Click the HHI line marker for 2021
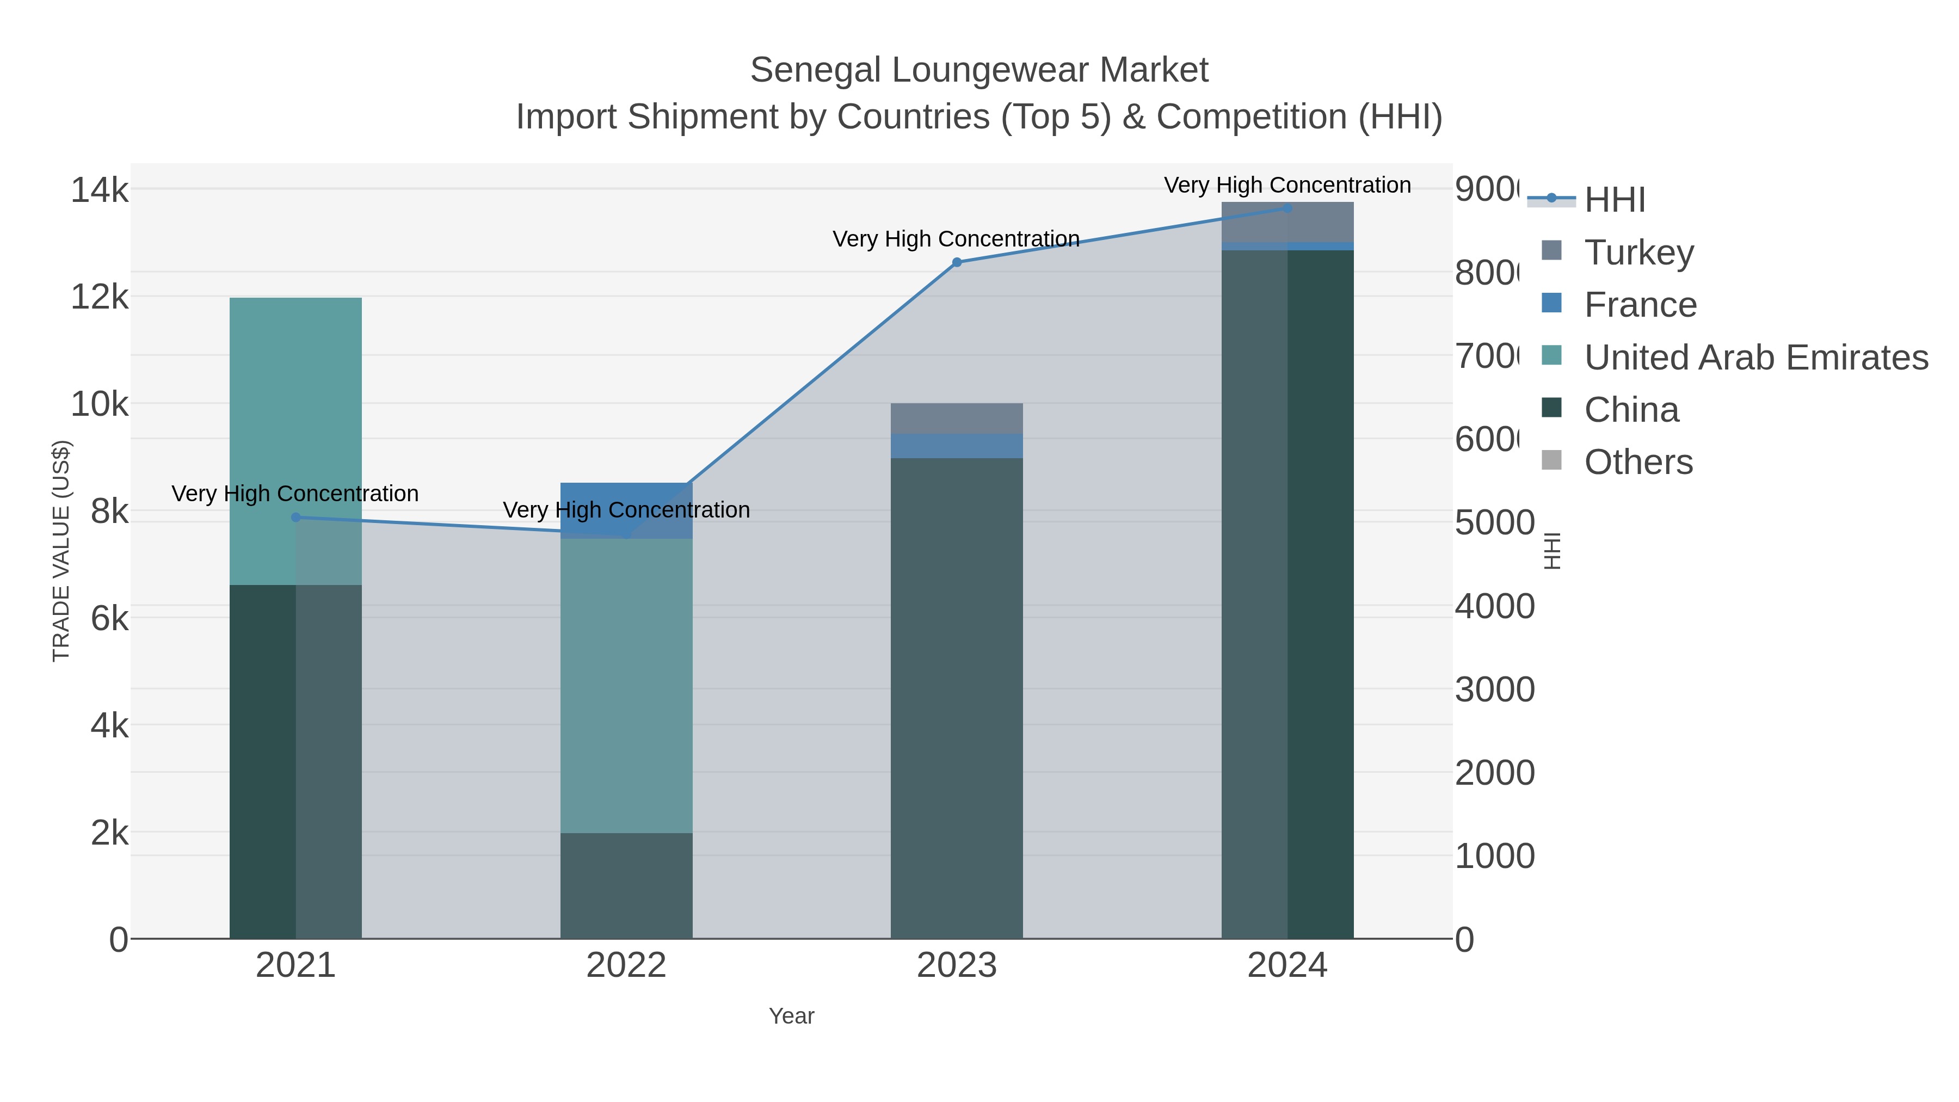coord(296,517)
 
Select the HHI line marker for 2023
coord(957,262)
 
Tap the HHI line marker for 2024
coord(1287,208)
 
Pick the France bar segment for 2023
coord(957,446)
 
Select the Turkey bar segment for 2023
coord(957,418)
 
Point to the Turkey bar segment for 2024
coord(1287,222)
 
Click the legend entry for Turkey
coord(1639,252)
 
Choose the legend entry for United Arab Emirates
coord(1755,356)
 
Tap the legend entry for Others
coord(1638,461)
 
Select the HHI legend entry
coord(1614,199)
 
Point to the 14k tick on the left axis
coord(100,189)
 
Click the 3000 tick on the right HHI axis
coord(1494,690)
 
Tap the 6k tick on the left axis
coord(109,618)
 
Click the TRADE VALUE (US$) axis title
coord(61,551)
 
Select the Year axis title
coord(791,1016)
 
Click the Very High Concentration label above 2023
coord(956,239)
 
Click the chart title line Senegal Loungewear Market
coord(979,70)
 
